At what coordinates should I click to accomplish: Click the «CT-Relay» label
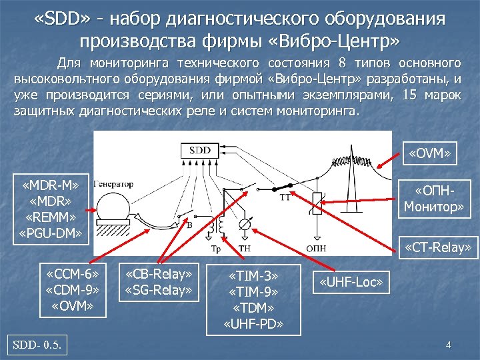(441, 249)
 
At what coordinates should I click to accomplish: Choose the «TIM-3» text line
(253, 276)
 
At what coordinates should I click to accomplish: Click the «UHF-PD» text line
(253, 324)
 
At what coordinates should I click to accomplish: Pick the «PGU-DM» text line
(51, 233)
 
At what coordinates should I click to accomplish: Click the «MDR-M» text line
(51, 184)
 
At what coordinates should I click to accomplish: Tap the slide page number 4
(449, 345)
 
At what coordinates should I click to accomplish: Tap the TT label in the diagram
(285, 198)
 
